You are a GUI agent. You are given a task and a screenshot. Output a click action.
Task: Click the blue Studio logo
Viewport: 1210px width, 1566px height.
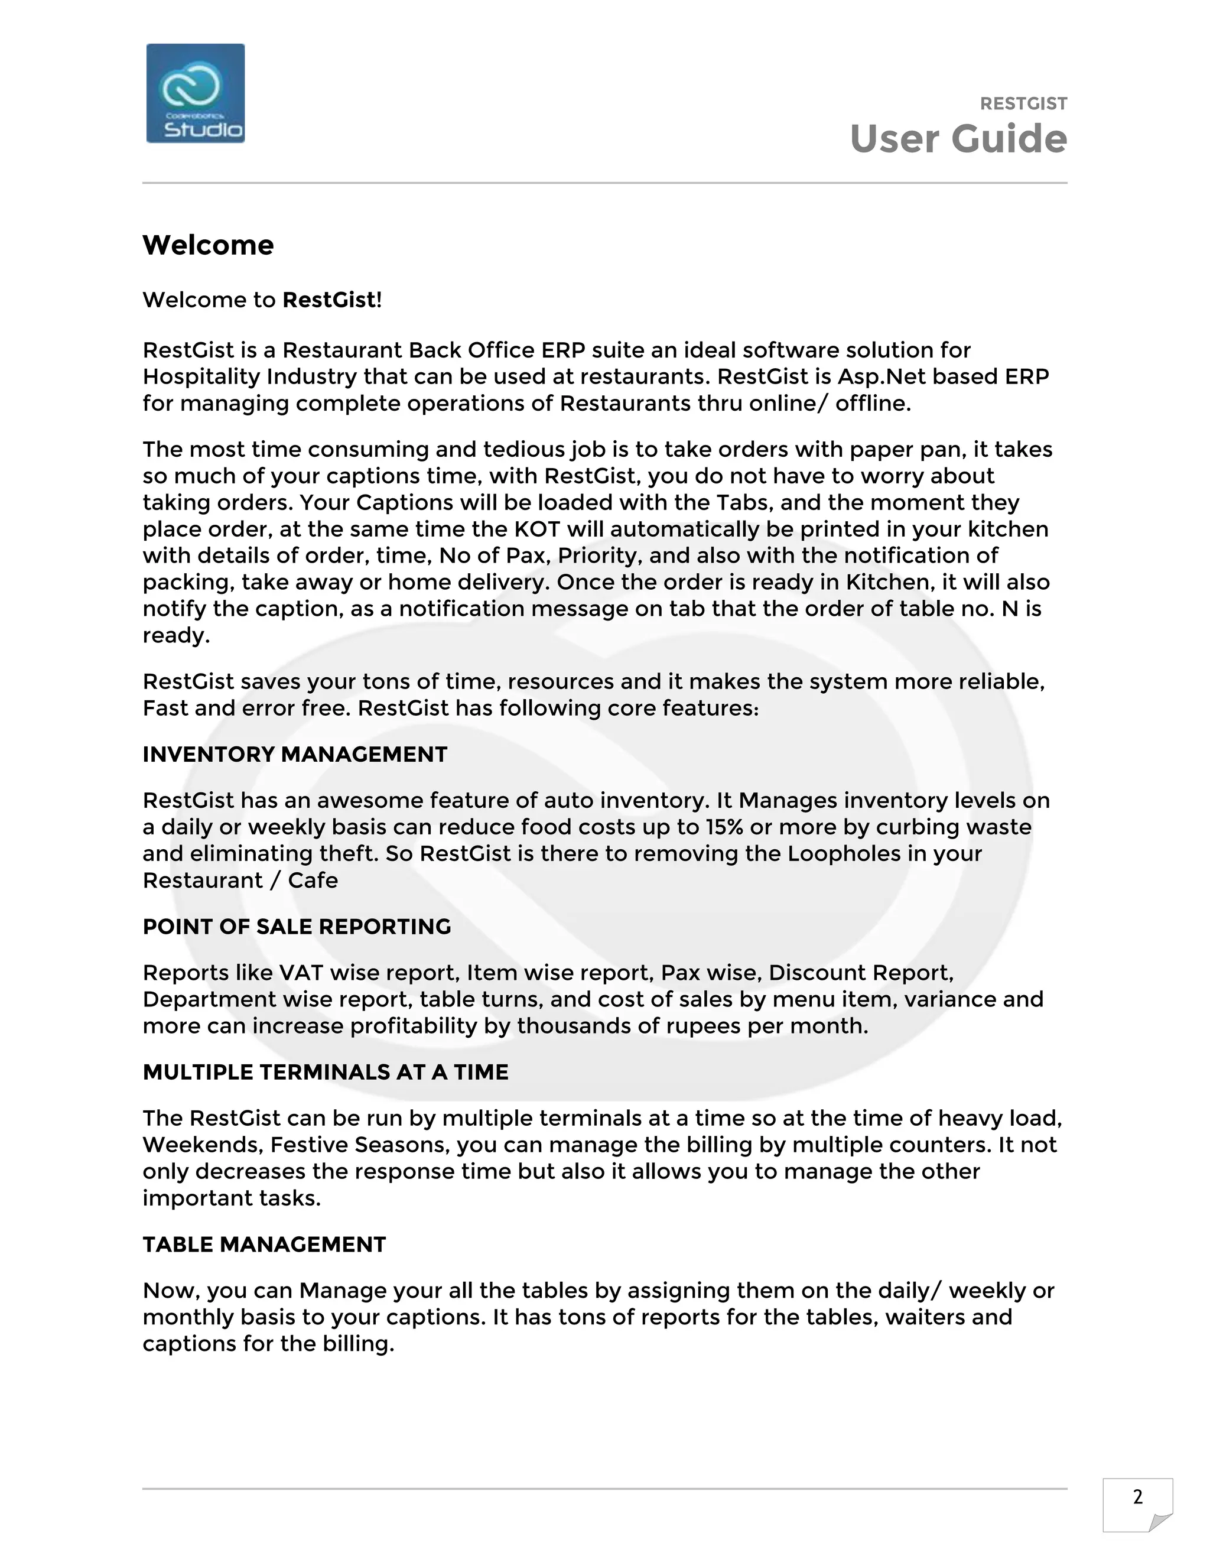click(195, 93)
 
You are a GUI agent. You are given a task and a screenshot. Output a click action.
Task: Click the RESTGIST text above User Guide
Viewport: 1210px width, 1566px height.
click(1023, 104)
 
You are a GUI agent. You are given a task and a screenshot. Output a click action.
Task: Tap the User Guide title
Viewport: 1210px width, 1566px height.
click(958, 139)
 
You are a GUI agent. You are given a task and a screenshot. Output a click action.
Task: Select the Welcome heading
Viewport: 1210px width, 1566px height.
click(208, 245)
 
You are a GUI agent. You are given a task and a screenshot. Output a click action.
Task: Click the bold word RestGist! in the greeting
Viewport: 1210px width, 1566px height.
click(332, 300)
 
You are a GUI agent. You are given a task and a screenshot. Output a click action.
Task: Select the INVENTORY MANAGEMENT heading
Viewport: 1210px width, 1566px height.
click(295, 754)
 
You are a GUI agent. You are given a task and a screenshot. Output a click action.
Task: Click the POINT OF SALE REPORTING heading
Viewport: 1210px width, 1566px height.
click(297, 927)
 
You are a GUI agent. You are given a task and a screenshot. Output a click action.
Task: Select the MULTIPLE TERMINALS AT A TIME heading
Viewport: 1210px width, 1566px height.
click(326, 1072)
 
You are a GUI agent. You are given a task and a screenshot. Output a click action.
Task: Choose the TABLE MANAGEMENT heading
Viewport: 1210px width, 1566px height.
click(264, 1244)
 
